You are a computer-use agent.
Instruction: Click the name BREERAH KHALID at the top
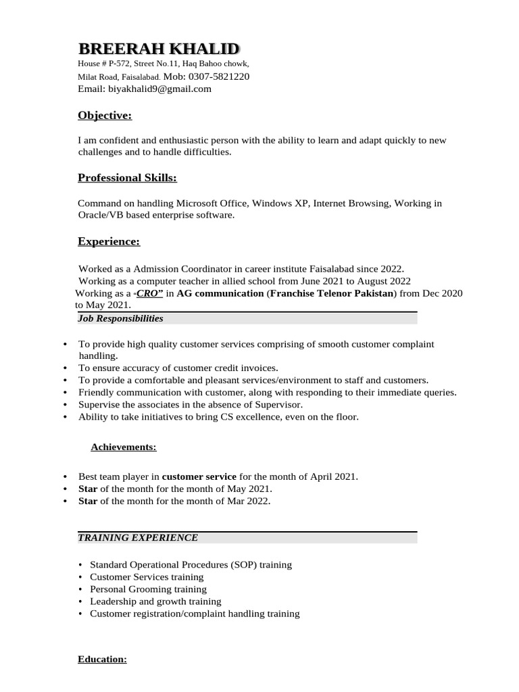tap(158, 49)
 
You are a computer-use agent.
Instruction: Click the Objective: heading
tap(105, 116)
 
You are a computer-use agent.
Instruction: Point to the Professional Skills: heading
tap(127, 178)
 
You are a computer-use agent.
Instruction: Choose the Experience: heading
tap(109, 241)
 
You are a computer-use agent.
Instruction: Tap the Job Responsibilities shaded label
tap(120, 318)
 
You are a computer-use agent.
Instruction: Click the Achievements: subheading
tap(124, 447)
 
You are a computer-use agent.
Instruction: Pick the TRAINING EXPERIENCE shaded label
tap(138, 538)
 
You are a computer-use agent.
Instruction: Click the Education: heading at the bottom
tap(102, 659)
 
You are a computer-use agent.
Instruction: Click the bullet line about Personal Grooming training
tap(148, 589)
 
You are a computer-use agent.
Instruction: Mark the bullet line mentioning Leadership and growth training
tap(155, 601)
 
